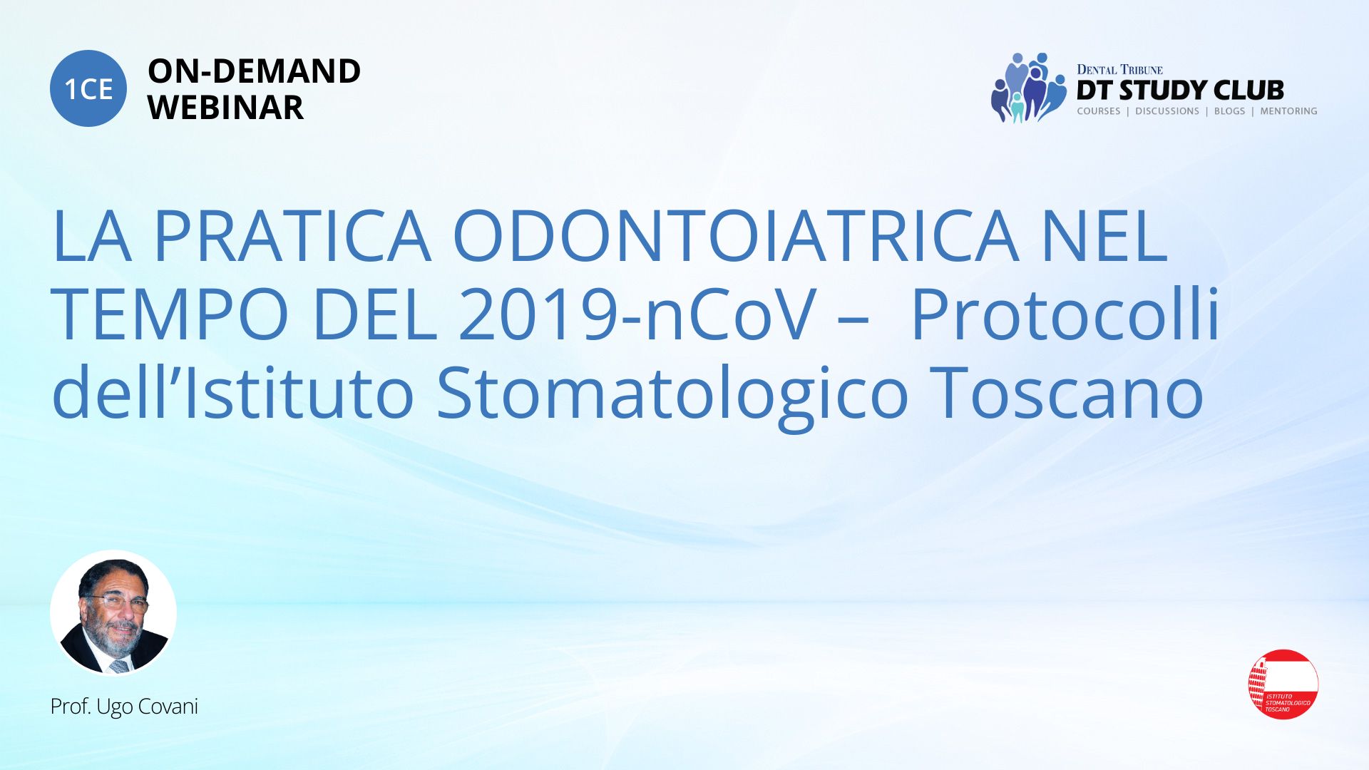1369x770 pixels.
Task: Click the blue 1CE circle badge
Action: click(88, 88)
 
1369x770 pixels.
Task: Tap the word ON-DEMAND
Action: click(254, 71)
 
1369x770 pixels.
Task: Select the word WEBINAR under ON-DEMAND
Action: click(225, 108)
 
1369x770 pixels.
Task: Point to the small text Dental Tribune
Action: click(1119, 70)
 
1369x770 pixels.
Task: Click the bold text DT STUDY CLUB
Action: click(1180, 90)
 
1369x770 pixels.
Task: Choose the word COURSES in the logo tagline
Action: click(1099, 111)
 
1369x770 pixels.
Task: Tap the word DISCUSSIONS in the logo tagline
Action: click(1167, 111)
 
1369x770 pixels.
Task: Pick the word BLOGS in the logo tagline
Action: click(1229, 111)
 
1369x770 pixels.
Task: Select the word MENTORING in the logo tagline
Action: click(1288, 111)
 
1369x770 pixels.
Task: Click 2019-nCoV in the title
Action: click(637, 314)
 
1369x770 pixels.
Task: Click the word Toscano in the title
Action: click(1067, 393)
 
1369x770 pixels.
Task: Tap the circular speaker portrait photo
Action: click(113, 613)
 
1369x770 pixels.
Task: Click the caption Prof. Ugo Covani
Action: click(124, 707)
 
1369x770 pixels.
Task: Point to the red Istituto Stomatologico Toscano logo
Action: click(1283, 684)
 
